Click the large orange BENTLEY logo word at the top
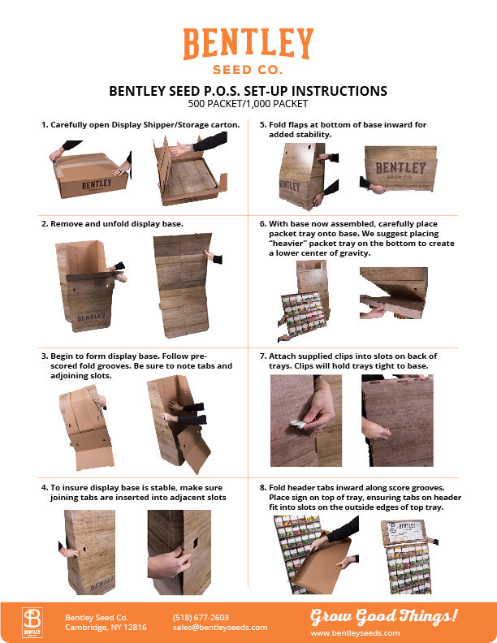[x=248, y=44]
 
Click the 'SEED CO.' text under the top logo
[x=248, y=70]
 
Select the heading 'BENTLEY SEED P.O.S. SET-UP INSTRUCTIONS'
[x=248, y=91]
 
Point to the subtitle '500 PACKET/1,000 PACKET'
[x=248, y=104]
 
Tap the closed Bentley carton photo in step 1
[x=91, y=175]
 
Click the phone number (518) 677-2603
[x=201, y=617]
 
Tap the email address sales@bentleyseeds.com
[x=219, y=628]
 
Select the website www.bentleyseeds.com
[x=355, y=632]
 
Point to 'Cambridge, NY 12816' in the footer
[x=106, y=628]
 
